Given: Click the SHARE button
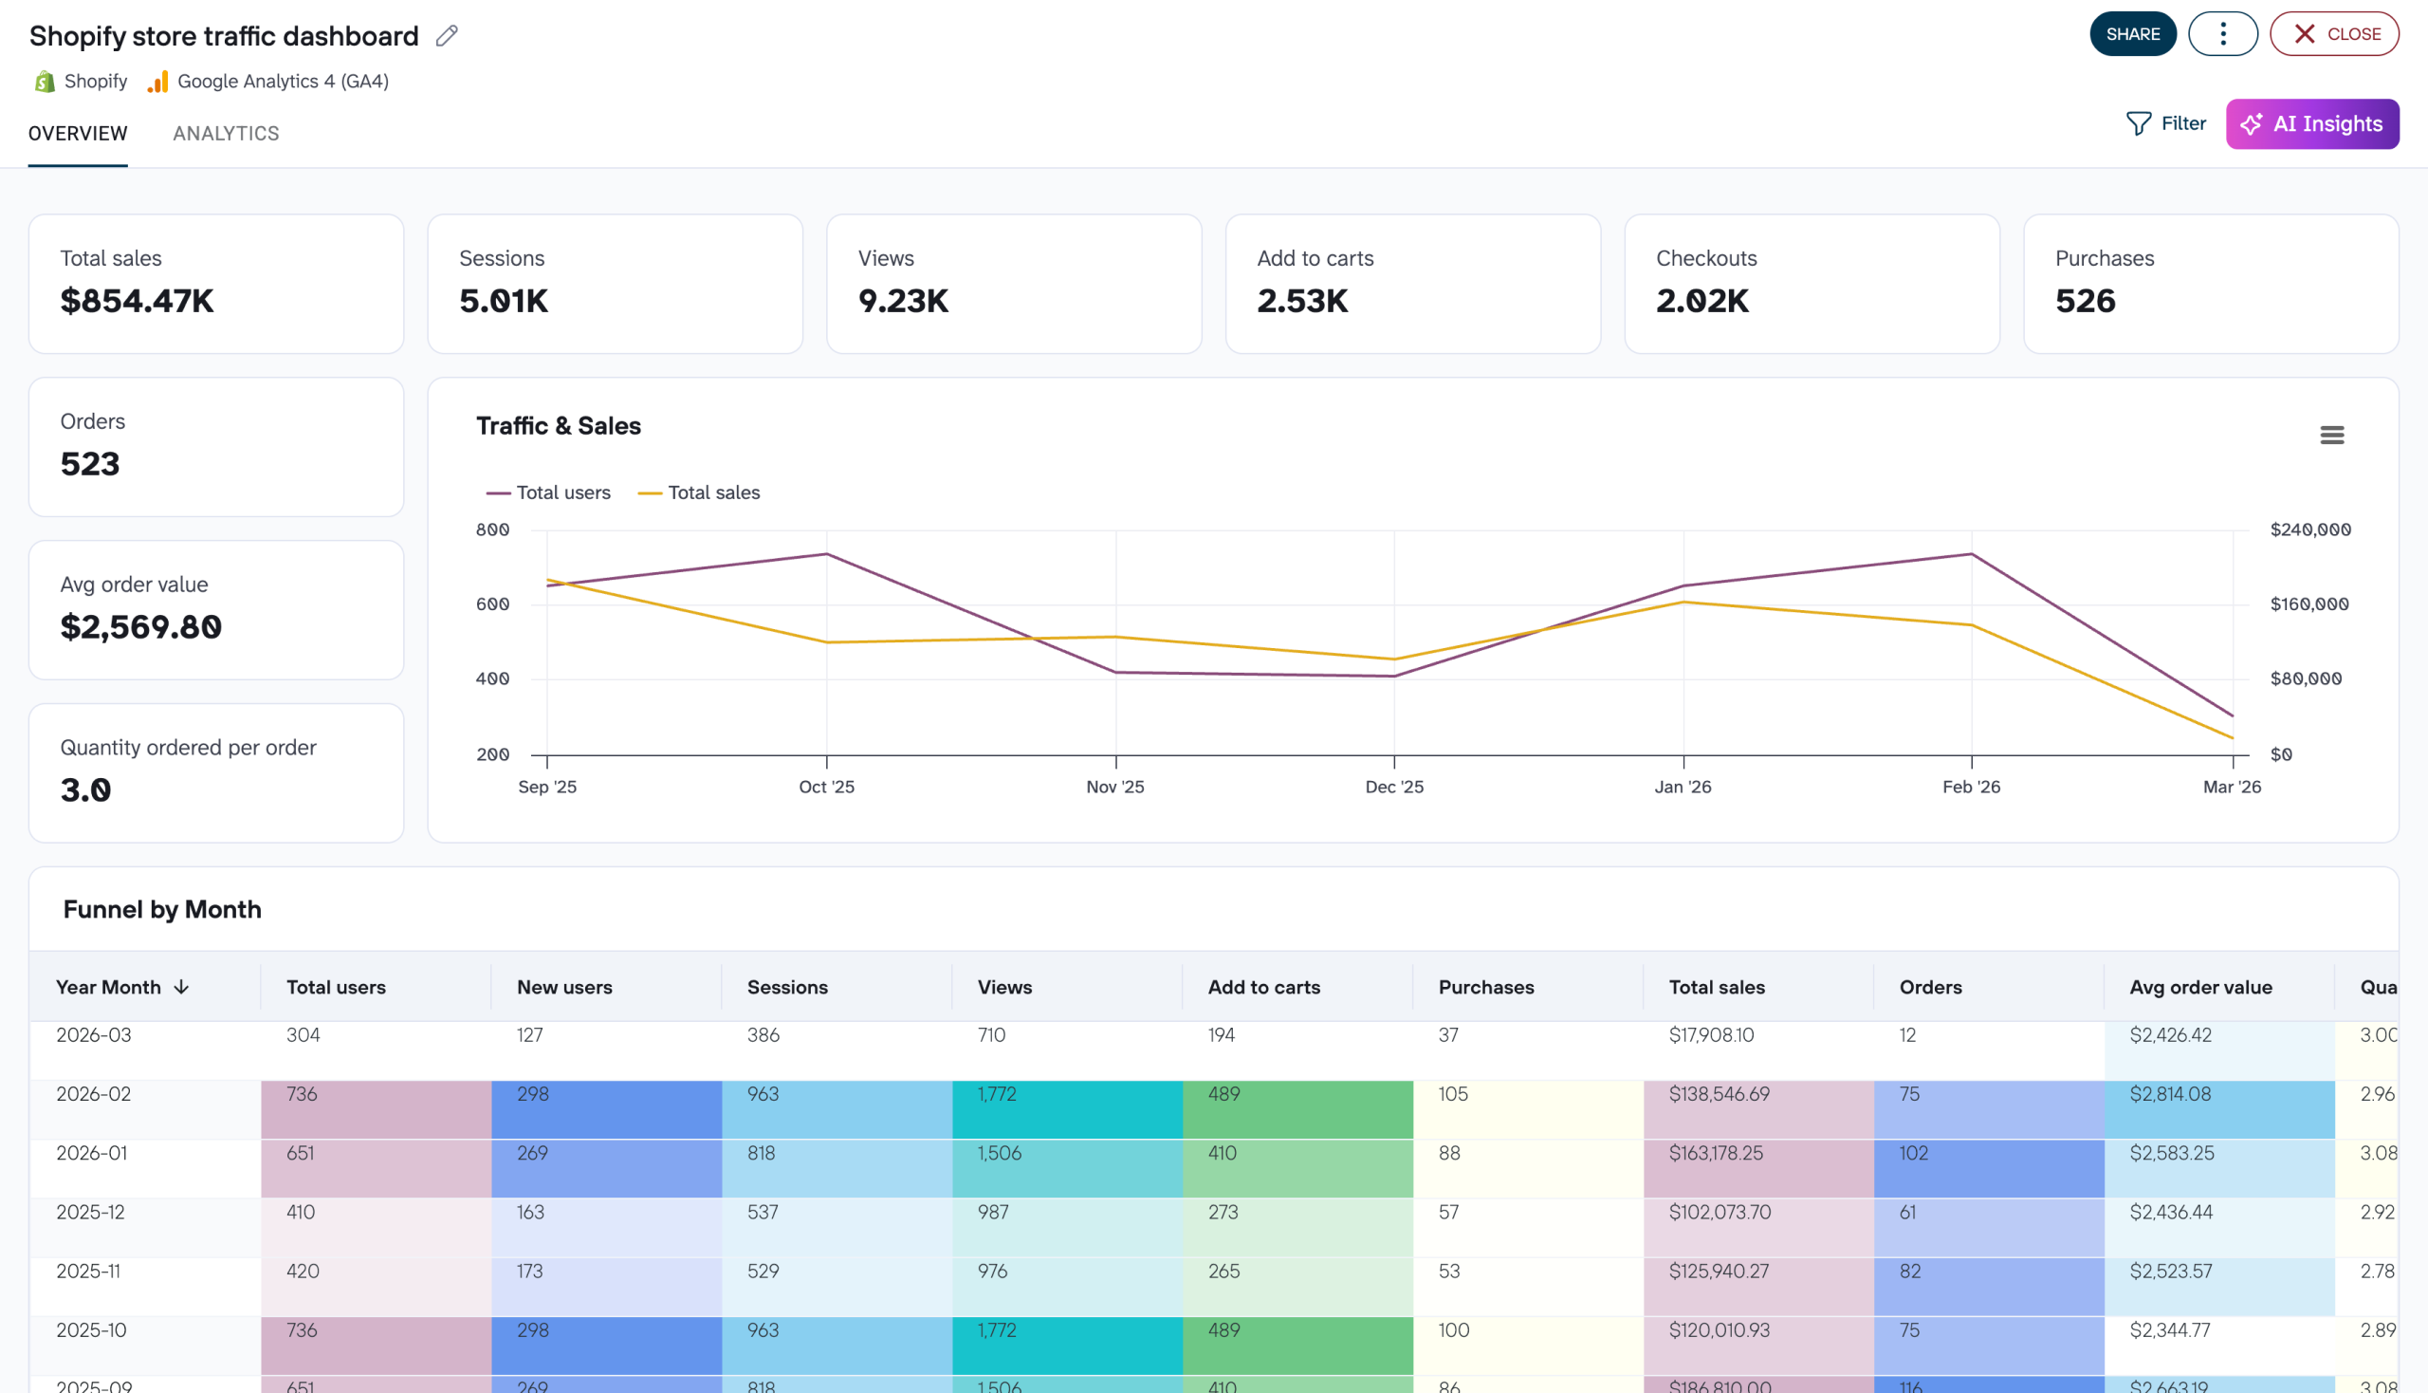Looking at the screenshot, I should pyautogui.click(x=2131, y=34).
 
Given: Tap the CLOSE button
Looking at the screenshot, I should pyautogui.click(x=2333, y=34).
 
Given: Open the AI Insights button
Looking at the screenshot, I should pyautogui.click(x=2311, y=123).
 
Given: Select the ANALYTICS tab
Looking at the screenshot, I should pyautogui.click(x=226, y=133).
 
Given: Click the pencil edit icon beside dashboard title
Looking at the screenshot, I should pyautogui.click(x=447, y=36).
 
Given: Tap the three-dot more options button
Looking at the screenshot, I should pyautogui.click(x=2221, y=34).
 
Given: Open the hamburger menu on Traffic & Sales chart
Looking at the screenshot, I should pyautogui.click(x=2330, y=436).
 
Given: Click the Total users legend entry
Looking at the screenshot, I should pyautogui.click(x=549, y=492).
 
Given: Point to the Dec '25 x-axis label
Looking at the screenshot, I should pyautogui.click(x=1393, y=787).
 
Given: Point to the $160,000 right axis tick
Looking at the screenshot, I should pyautogui.click(x=2308, y=604).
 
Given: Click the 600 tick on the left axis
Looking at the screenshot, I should pyautogui.click(x=492, y=604).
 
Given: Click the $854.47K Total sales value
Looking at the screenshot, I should pyautogui.click(x=137, y=301).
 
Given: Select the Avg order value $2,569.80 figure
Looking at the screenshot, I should pyautogui.click(x=140, y=626).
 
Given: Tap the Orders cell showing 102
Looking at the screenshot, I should pyautogui.click(x=1913, y=1153).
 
